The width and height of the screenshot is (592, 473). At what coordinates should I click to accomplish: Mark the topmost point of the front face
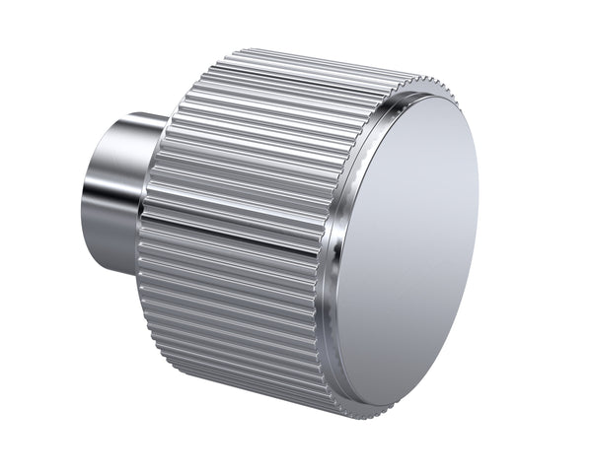coord(434,98)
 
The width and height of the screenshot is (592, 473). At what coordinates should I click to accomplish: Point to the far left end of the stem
coord(83,197)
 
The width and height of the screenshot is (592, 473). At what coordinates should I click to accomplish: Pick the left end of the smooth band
coord(144,209)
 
